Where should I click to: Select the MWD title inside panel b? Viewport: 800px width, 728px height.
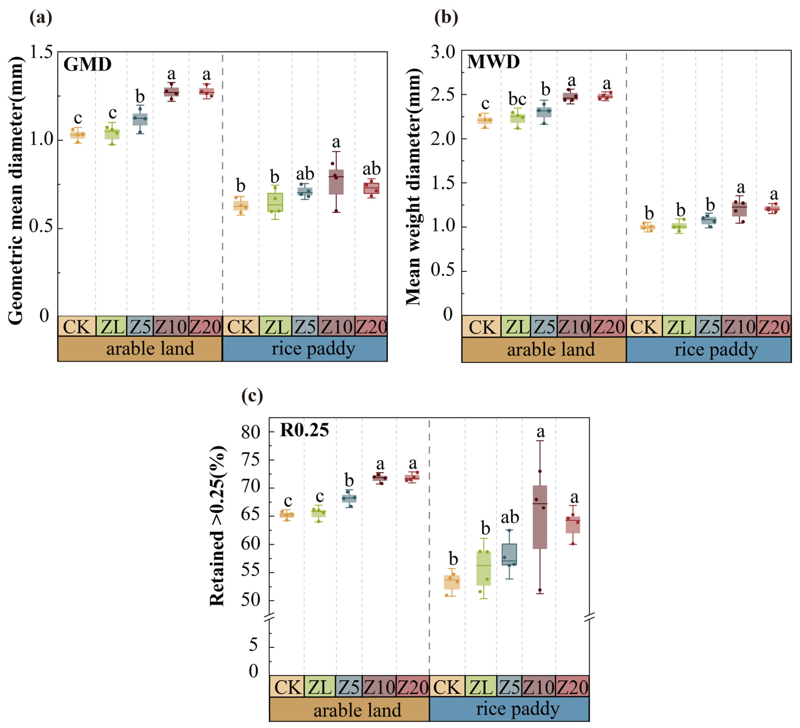(x=493, y=62)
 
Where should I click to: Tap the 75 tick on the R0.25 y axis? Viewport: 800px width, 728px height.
(x=251, y=460)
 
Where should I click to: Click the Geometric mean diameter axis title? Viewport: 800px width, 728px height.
(x=16, y=190)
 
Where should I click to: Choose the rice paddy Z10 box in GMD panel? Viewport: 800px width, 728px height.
(x=336, y=182)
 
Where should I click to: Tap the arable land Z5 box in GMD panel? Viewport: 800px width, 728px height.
(x=140, y=119)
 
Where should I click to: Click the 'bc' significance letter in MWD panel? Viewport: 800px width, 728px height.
(x=517, y=99)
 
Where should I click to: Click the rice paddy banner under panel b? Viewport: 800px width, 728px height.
(x=708, y=350)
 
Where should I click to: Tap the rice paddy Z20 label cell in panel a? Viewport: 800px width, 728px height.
(x=371, y=327)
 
